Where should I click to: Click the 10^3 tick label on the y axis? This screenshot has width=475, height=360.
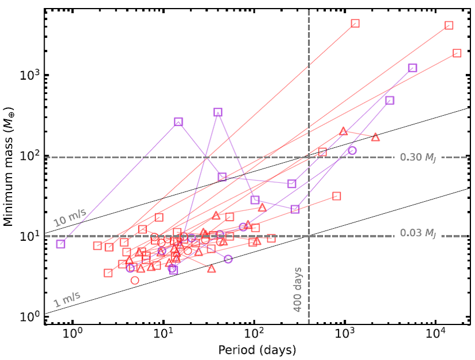[x=30, y=75]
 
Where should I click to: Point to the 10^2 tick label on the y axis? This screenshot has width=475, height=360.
[x=30, y=155]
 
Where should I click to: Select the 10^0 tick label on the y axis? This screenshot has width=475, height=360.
[x=30, y=316]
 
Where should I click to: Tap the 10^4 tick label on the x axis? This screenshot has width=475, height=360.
[x=435, y=334]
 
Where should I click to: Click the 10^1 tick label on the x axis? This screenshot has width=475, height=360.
[x=163, y=334]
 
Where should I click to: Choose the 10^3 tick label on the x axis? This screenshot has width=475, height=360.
[x=345, y=334]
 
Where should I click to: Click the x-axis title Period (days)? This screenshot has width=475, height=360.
[x=257, y=350]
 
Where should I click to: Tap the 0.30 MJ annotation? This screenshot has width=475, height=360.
[x=418, y=158]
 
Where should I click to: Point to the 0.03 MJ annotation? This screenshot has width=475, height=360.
[x=418, y=233]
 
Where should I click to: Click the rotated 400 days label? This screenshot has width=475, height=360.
[x=298, y=289]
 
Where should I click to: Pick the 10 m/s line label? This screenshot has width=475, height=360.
[x=70, y=218]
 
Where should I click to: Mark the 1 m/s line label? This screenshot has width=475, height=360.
[x=67, y=299]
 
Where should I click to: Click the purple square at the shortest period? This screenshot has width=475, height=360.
[x=61, y=244]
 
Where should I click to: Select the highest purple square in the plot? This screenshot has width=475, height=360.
[x=218, y=112]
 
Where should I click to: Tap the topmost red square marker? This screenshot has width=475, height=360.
[x=355, y=24]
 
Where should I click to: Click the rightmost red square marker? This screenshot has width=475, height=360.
[x=457, y=53]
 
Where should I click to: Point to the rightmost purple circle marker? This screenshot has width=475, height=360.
[x=352, y=151]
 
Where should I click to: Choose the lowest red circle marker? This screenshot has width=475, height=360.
[x=135, y=280]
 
